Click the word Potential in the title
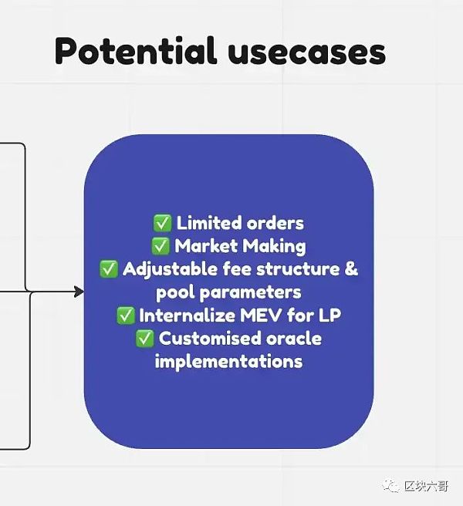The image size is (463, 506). tap(135, 50)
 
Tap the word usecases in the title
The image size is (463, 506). tap(306, 53)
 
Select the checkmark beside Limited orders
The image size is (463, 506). tap(162, 223)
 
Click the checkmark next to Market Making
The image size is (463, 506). tap(161, 246)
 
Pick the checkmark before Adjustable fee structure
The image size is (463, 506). tap(109, 268)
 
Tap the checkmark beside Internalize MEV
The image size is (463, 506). tap(125, 315)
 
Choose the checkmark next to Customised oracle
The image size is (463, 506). tap(144, 339)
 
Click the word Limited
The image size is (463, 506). tap(209, 223)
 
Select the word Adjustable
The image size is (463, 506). tap(171, 269)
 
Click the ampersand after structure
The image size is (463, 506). tap(351, 268)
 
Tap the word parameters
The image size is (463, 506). tap(250, 293)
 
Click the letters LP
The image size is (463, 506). tap(330, 315)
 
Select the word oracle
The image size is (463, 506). tap(294, 339)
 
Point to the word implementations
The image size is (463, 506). tap(228, 362)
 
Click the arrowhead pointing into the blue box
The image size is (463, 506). tap(79, 292)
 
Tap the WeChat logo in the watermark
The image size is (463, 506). tap(391, 486)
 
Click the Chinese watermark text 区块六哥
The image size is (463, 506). tap(426, 486)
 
